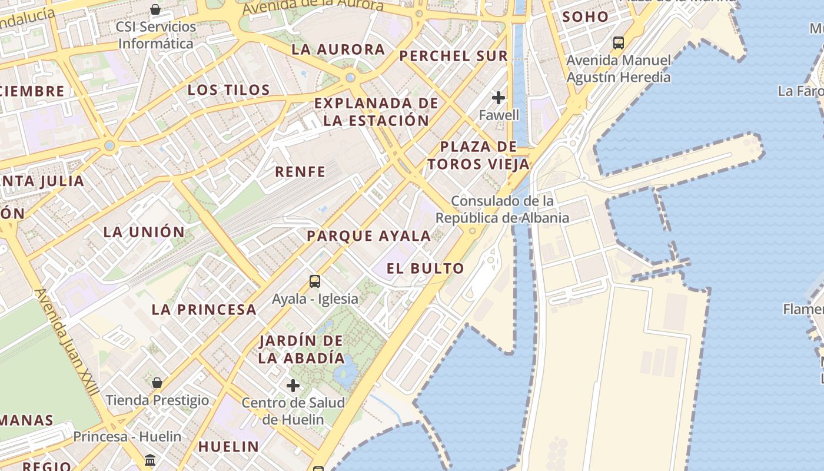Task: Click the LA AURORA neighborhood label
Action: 338,49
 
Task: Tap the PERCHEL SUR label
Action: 453,56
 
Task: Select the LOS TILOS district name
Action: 228,90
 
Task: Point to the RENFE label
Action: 300,172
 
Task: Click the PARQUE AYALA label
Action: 369,236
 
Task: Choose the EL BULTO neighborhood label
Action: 425,268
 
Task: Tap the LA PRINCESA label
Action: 204,309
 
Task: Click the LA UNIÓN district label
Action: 144,232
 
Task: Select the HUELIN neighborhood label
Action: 228,446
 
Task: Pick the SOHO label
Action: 584,17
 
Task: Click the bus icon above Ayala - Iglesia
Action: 315,281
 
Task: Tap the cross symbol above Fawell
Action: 499,97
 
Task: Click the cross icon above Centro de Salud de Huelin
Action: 293,386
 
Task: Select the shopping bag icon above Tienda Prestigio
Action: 157,383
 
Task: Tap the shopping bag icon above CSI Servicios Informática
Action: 155,9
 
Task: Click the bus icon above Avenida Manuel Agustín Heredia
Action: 618,42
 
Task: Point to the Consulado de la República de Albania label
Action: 502,210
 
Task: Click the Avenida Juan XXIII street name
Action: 67,341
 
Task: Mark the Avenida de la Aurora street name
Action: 313,6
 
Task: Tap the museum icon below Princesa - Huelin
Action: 150,459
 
